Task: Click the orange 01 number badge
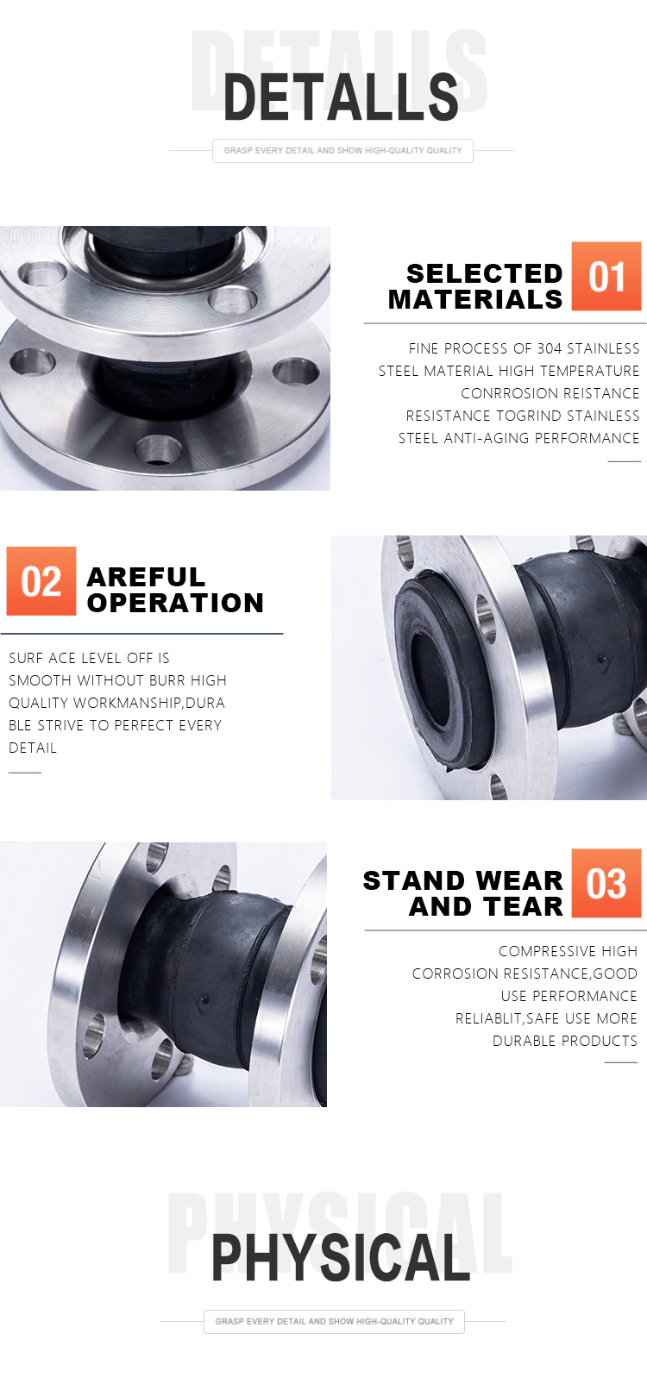coord(606,276)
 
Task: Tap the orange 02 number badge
coord(41,581)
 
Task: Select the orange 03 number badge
coord(606,882)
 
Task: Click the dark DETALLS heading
coord(341,97)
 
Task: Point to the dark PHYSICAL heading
coord(341,1257)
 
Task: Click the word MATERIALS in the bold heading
coord(475,300)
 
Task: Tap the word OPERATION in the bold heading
coord(175,603)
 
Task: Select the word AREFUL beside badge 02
coord(146,577)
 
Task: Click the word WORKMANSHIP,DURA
coord(149,703)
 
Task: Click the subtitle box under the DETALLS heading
coord(342,151)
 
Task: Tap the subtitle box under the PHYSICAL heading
coord(334,1321)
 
